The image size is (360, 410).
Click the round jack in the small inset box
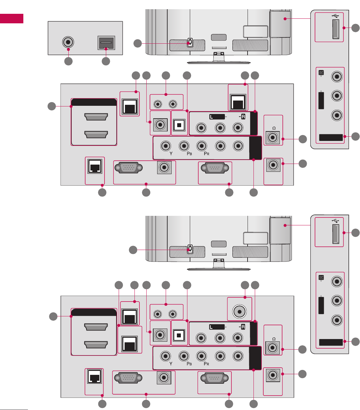68,42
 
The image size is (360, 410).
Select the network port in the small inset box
106,43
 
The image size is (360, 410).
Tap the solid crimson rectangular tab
12,18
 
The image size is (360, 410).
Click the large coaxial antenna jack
240,310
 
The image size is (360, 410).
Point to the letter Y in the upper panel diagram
171,153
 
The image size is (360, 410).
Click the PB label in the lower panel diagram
189,364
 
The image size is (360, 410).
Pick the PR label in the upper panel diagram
206,153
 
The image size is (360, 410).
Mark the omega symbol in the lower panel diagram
274,339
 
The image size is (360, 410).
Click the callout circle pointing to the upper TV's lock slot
137,43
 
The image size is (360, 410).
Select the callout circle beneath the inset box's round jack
68,61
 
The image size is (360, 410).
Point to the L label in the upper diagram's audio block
212,117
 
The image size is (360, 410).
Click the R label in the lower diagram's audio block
243,327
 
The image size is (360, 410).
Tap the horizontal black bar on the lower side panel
331,342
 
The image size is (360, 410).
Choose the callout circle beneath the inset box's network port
106,61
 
